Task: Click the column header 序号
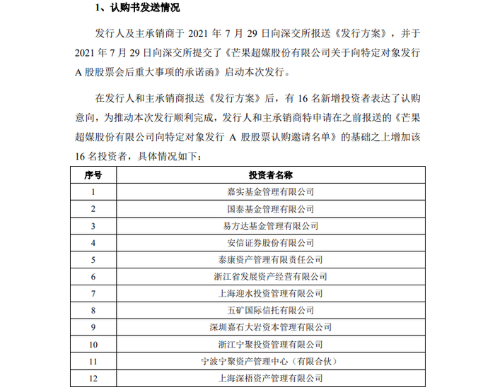tap(93, 174)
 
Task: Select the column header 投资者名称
tap(271, 174)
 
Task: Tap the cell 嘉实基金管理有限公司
tap(271, 191)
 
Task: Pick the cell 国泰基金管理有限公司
tap(271, 209)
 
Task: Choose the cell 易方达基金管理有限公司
tap(271, 226)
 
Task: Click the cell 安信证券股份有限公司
tap(271, 243)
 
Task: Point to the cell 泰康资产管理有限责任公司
tap(271, 260)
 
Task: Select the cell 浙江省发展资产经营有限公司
tap(271, 277)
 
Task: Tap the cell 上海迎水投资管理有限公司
tap(271, 294)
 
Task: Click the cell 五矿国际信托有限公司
tap(271, 311)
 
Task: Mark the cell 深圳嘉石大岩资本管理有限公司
tap(271, 328)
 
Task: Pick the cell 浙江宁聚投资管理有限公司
tap(271, 345)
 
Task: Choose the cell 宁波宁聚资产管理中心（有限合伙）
tap(271, 362)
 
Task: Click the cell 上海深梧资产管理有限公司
tap(271, 379)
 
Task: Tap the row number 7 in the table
tap(93, 294)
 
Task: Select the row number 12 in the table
tap(93, 379)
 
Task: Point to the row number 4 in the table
tap(93, 243)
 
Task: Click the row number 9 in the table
tap(93, 328)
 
